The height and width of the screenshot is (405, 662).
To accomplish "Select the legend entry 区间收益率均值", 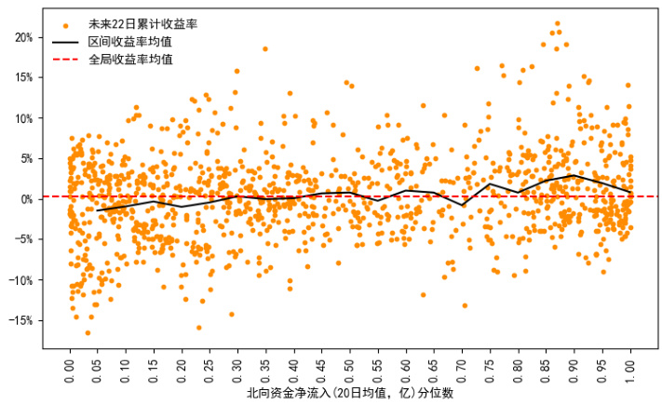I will point(129,42).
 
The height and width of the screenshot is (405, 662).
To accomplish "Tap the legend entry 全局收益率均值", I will point(129,60).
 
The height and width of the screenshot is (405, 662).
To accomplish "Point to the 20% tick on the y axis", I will point(23,37).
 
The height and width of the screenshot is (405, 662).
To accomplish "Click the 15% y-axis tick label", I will point(23,77).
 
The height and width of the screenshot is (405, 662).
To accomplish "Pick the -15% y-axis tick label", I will point(21,320).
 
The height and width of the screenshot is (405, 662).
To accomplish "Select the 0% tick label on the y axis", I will point(26,199).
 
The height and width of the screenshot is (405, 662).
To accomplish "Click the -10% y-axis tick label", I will point(21,280).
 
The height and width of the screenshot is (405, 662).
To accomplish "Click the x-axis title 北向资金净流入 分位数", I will point(350,394).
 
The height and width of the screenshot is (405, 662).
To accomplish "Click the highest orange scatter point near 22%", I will point(558,23).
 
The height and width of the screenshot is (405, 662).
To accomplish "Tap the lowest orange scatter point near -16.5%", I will point(88,332).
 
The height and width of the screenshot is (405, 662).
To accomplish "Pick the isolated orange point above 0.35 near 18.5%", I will point(265,48).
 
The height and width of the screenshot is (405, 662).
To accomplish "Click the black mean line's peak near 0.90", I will point(574,175).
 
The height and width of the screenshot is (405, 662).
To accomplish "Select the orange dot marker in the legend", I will point(65,24).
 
